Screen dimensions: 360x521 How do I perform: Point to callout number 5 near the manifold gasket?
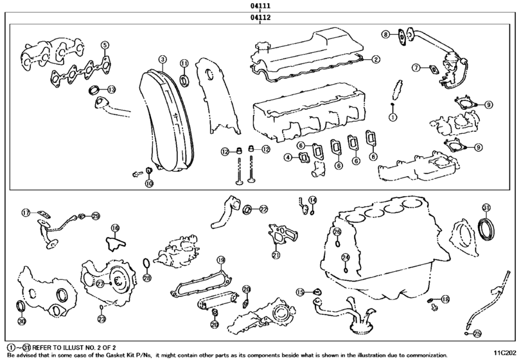coord(104,44)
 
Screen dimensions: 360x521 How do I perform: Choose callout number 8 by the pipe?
coord(385,34)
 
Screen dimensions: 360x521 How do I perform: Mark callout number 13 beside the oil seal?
coord(111,89)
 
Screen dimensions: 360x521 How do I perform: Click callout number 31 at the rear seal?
coord(486,208)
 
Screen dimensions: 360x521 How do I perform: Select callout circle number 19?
coord(220,260)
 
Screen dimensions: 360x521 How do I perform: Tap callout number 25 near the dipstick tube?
coord(476,333)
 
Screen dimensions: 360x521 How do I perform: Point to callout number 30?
coord(21,321)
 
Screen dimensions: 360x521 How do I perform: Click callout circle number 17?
coord(26,212)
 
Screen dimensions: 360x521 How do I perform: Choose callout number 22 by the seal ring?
coord(263,209)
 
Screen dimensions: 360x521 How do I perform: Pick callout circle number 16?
coord(114,228)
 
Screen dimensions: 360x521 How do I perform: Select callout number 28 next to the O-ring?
coord(146,278)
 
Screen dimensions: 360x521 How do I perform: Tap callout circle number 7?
coord(416,67)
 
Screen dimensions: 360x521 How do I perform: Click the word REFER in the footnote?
coord(45,345)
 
